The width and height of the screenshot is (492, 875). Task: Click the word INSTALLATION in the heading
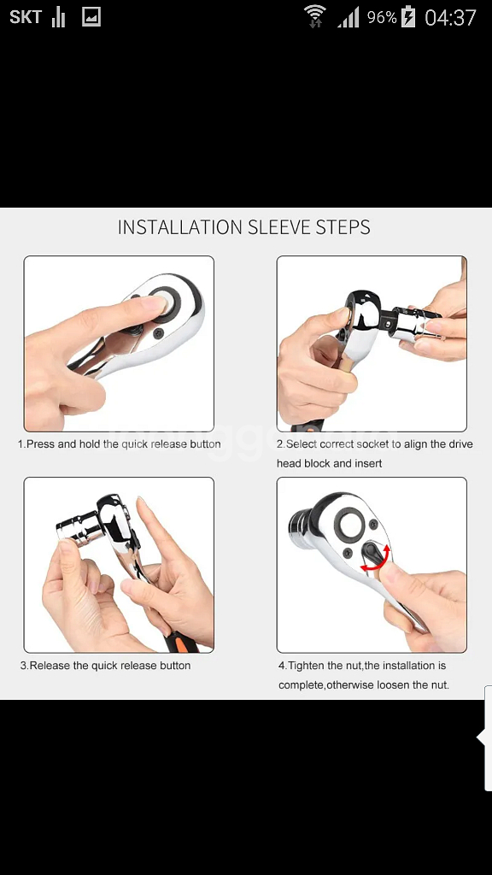pyautogui.click(x=180, y=227)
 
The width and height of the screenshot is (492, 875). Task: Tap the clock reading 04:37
pyautogui.click(x=450, y=17)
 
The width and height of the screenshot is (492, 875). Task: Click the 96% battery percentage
pyautogui.click(x=382, y=17)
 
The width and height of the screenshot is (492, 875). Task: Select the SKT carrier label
pyautogui.click(x=26, y=17)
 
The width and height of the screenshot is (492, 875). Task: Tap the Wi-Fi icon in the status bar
pyautogui.click(x=314, y=16)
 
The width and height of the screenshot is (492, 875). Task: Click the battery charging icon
pyautogui.click(x=408, y=17)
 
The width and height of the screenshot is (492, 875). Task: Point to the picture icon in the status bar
pyautogui.click(x=91, y=17)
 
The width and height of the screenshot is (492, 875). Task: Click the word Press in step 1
pyautogui.click(x=40, y=444)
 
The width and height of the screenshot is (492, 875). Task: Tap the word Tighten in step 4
pyautogui.click(x=307, y=665)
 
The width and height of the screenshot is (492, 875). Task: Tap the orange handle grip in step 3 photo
pyautogui.click(x=183, y=643)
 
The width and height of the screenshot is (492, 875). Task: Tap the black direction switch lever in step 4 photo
pyautogui.click(x=371, y=555)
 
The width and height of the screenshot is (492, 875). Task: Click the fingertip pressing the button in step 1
pyautogui.click(x=157, y=305)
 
